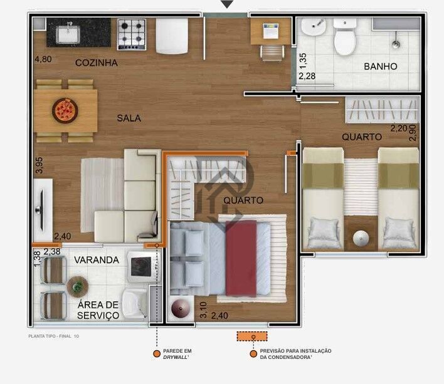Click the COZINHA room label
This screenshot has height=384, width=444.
point(97,63)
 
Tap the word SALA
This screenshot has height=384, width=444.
point(129,118)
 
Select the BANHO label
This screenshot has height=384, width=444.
point(381,66)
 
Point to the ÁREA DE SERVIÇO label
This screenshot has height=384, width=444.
point(98,310)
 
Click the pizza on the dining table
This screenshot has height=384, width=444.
point(64,110)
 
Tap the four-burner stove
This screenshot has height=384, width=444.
point(132,33)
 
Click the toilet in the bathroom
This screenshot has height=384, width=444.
point(344,38)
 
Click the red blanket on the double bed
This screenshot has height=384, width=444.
point(241,257)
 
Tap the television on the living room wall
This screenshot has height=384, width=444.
point(42,205)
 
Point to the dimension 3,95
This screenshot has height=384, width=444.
point(39,165)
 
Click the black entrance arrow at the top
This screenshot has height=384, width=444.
point(227,4)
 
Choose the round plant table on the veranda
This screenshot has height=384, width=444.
point(78,286)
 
